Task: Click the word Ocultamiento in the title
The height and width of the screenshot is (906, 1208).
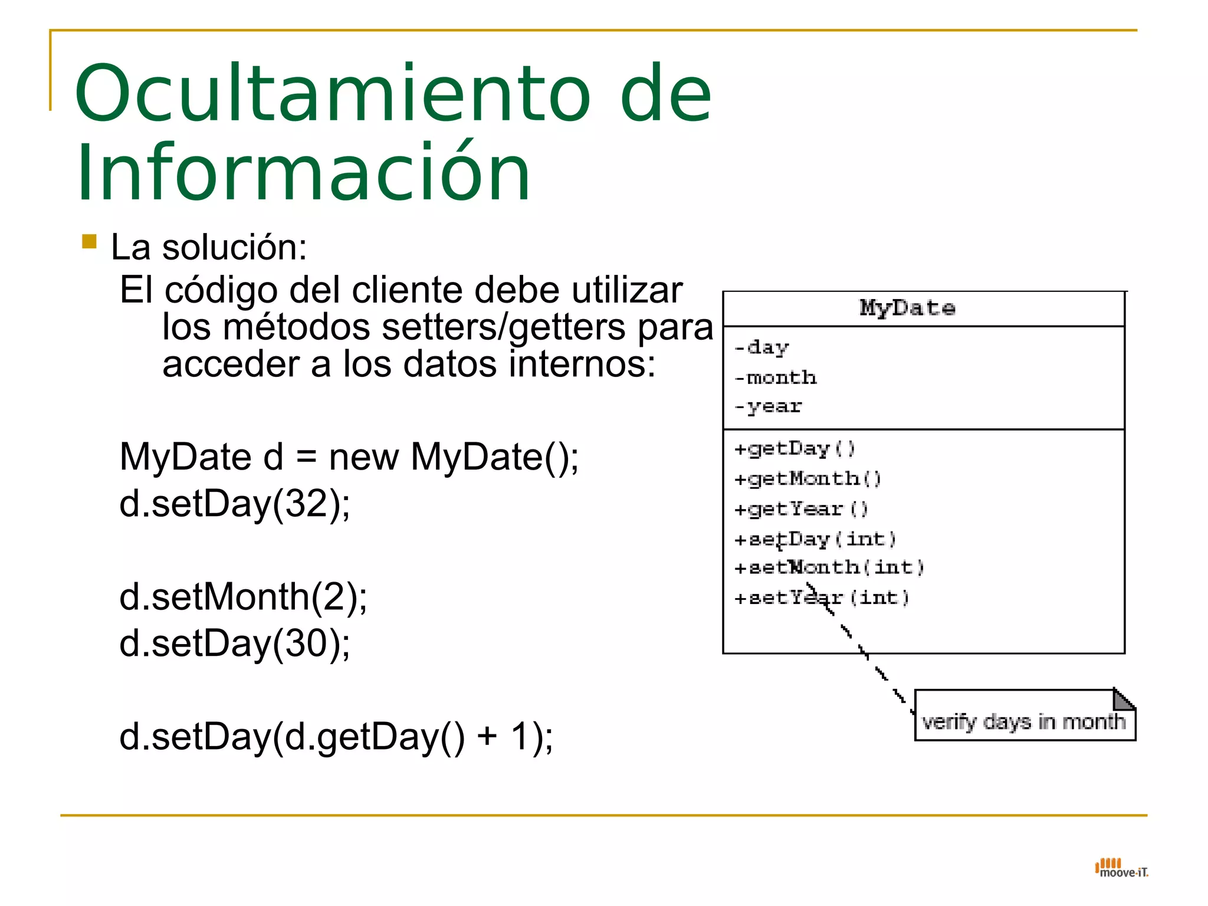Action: (331, 94)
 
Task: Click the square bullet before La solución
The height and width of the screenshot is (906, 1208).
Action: (89, 242)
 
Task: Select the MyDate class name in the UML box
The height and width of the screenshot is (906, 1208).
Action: (907, 308)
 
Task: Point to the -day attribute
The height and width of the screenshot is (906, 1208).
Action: (761, 348)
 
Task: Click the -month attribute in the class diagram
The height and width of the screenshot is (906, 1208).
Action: (776, 377)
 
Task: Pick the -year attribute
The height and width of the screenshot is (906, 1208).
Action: (768, 406)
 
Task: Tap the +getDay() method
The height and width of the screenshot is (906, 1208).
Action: (794, 449)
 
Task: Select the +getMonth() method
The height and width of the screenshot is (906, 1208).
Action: (807, 479)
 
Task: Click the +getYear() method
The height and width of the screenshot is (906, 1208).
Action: (800, 509)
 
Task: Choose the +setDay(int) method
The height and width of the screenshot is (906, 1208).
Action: (815, 539)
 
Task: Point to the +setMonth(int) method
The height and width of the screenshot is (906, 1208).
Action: (828, 567)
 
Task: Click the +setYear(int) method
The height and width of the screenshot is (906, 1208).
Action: (821, 598)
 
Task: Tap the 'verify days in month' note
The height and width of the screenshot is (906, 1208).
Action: (1023, 721)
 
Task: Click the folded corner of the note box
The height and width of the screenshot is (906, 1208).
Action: (1123, 699)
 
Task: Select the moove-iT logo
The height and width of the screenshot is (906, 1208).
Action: (1121, 869)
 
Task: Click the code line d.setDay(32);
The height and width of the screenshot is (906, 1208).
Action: (235, 504)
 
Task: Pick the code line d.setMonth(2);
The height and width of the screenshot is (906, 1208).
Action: (243, 597)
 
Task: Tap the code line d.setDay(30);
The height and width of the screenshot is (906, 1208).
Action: (235, 644)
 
